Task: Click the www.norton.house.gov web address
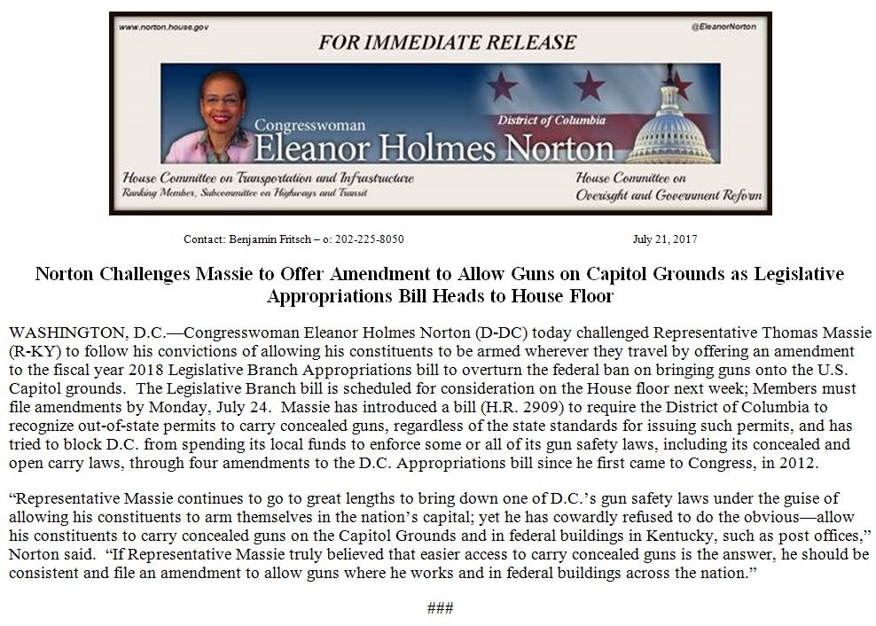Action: point(163,27)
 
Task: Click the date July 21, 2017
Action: point(665,239)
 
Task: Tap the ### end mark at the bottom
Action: point(440,608)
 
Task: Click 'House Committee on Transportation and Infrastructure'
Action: point(269,178)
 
